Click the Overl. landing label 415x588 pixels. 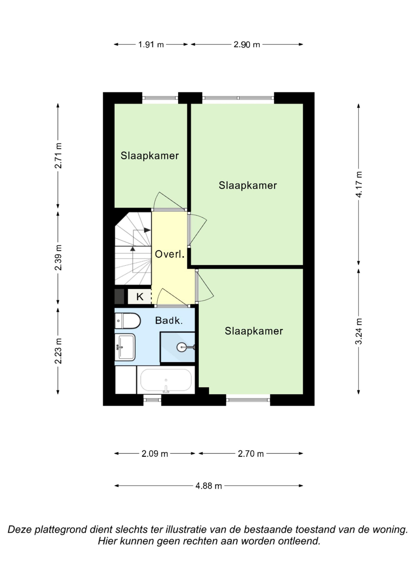pos(170,254)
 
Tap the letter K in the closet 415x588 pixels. pos(140,297)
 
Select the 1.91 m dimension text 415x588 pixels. pos(151,44)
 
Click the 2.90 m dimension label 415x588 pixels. pos(247,44)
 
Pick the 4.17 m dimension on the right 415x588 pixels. pos(359,184)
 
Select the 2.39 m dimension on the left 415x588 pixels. pos(58,257)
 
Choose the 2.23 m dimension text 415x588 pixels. pos(58,351)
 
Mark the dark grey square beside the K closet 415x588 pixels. pos(119,297)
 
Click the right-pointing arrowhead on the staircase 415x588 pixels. pos(147,230)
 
